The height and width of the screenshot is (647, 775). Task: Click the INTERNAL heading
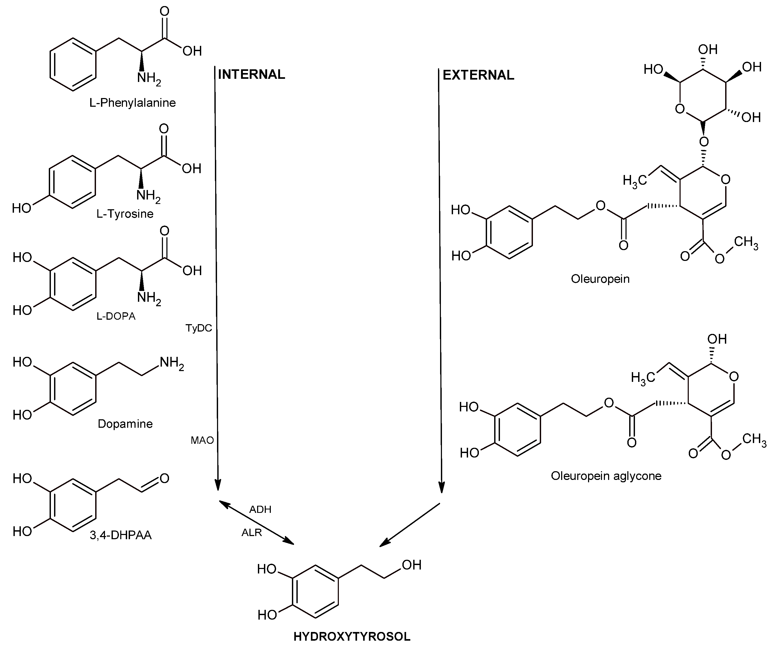click(251, 75)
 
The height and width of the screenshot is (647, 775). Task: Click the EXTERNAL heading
click(478, 75)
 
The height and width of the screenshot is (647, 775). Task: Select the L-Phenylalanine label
click(132, 103)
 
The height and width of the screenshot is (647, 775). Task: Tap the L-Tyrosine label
click(125, 213)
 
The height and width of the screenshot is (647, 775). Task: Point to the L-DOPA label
click(116, 316)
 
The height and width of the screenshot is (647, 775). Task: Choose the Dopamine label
click(125, 424)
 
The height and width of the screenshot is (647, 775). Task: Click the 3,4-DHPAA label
click(121, 535)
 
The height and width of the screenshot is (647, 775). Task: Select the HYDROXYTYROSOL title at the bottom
click(352, 636)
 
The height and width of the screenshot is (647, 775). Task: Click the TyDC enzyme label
click(199, 328)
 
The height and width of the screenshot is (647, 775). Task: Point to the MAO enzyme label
click(202, 440)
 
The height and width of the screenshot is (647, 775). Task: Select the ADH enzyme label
click(260, 509)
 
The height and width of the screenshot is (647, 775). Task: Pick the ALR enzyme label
click(252, 532)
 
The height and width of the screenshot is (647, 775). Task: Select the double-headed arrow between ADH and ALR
click(257, 522)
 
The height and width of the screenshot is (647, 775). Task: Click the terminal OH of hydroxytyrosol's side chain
click(411, 565)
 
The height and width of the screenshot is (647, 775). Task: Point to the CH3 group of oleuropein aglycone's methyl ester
click(754, 440)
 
